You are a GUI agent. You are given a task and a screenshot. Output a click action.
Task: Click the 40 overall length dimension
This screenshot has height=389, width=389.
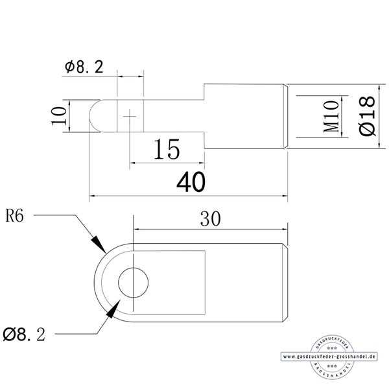tap(191, 182)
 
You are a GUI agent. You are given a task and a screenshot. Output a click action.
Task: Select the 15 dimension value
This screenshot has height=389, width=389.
tap(167, 149)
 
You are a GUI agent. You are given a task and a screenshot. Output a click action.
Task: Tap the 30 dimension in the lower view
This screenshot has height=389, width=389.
tap(210, 219)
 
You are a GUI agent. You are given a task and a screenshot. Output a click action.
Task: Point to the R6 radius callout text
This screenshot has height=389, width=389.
tap(14, 216)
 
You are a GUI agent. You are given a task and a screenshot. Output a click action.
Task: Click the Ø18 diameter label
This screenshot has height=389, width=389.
tap(367, 116)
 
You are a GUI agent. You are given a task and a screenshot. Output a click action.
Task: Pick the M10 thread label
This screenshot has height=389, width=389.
tap(331, 116)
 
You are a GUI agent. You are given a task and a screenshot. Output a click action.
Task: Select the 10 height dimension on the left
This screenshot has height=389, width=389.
tap(59, 116)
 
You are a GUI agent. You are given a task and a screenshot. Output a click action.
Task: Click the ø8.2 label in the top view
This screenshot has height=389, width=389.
tap(84, 67)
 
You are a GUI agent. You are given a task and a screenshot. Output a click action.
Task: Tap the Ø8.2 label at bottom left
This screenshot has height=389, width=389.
tap(24, 335)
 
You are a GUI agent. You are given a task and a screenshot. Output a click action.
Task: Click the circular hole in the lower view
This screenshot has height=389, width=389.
tap(133, 283)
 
